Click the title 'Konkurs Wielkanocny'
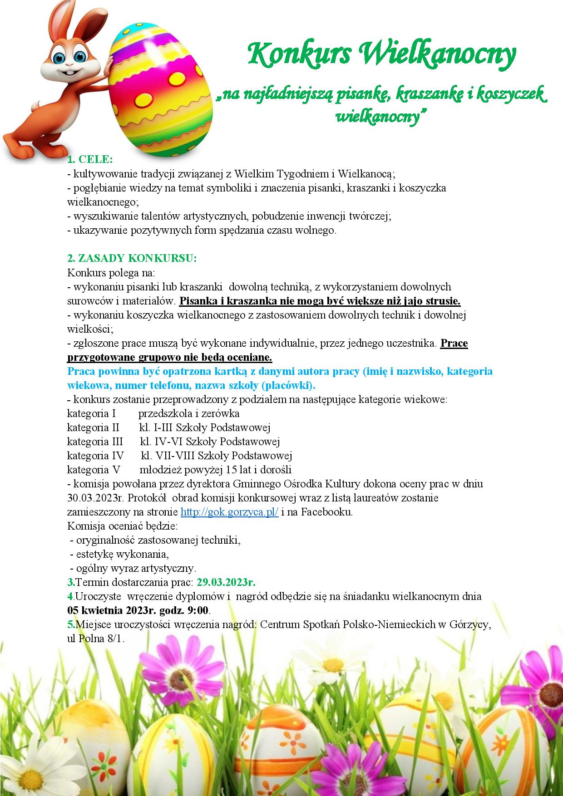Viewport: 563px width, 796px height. tap(382, 55)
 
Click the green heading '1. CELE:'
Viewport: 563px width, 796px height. tap(90, 160)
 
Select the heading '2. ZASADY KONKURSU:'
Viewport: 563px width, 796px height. tap(132, 258)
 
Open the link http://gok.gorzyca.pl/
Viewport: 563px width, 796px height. tap(229, 512)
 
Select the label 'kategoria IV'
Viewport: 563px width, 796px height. tap(95, 456)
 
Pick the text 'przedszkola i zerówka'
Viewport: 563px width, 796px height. tap(189, 414)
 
